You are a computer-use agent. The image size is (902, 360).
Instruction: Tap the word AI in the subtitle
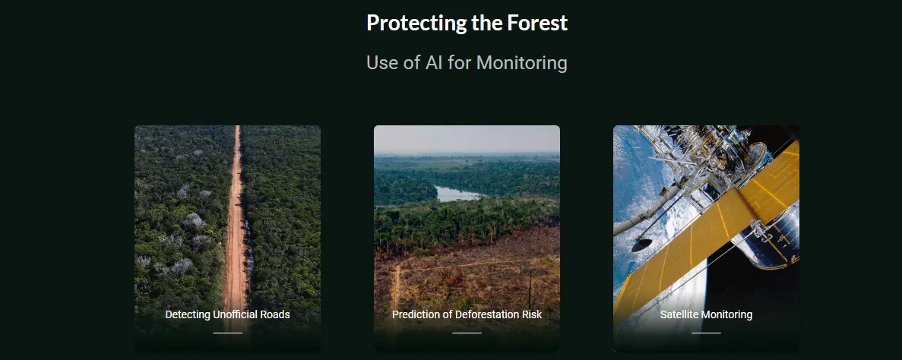pyautogui.click(x=434, y=62)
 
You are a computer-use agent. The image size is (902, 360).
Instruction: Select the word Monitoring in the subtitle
pyautogui.click(x=522, y=63)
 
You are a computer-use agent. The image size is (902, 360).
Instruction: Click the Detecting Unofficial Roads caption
pyautogui.click(x=228, y=314)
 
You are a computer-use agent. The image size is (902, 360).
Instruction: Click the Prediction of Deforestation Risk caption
pyautogui.click(x=467, y=314)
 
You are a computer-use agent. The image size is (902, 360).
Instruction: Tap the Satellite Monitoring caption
pyautogui.click(x=706, y=314)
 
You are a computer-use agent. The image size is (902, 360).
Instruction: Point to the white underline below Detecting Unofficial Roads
pyautogui.click(x=228, y=333)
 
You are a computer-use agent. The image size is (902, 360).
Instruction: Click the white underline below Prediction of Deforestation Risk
pyautogui.click(x=467, y=333)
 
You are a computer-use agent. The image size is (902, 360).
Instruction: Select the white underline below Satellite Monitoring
pyautogui.click(x=706, y=333)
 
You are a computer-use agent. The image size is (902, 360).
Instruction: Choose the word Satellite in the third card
pyautogui.click(x=678, y=314)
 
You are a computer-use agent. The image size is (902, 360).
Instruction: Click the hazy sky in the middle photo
pyautogui.click(x=467, y=139)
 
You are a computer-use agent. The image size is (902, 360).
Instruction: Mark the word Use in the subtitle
pyautogui.click(x=382, y=62)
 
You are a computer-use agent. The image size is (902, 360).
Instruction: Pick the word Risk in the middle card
pyautogui.click(x=531, y=314)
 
